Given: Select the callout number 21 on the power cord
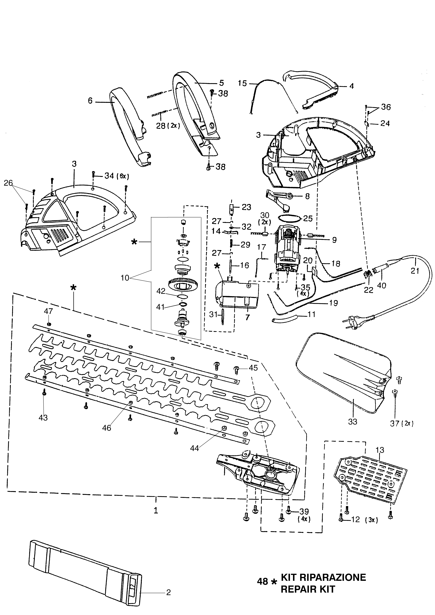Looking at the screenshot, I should pyautogui.click(x=415, y=271).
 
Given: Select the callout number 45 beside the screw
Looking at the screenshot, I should pyautogui.click(x=253, y=368).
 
